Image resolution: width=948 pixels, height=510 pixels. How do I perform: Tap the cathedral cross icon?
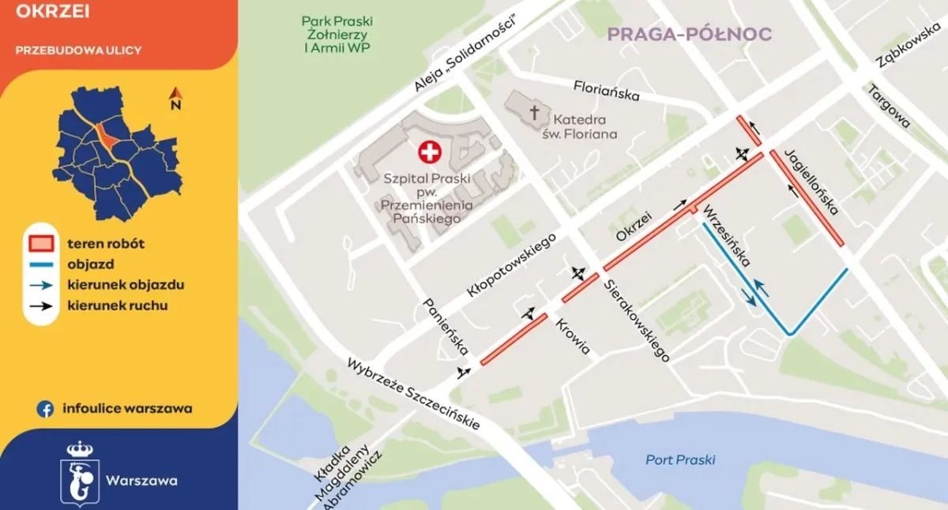pyautogui.click(x=536, y=114)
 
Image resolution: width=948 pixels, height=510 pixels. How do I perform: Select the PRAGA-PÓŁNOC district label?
pyautogui.click(x=687, y=34)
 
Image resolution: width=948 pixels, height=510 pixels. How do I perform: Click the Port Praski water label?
pyautogui.click(x=680, y=459)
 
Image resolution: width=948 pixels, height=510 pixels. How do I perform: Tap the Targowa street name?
pyautogui.click(x=890, y=107)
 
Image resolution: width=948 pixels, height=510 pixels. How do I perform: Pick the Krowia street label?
pyautogui.click(x=574, y=336)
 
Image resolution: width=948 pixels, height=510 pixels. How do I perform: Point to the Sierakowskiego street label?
pyautogui.click(x=637, y=322)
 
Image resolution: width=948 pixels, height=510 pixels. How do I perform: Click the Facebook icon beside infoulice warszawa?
pyautogui.click(x=46, y=409)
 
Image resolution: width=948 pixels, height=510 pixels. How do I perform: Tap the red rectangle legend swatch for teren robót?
pyautogui.click(x=44, y=244)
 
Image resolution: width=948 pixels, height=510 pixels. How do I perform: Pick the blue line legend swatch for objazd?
pyautogui.click(x=44, y=265)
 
